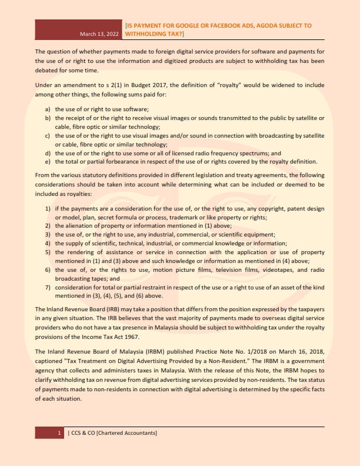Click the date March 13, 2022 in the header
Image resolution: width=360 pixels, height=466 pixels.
pos(99,35)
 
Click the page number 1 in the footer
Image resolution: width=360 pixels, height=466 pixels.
pos(59,433)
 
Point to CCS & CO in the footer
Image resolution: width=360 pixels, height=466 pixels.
pos(83,433)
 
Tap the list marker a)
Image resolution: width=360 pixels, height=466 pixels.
pos(48,109)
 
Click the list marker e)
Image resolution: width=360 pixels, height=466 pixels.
pos(48,161)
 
